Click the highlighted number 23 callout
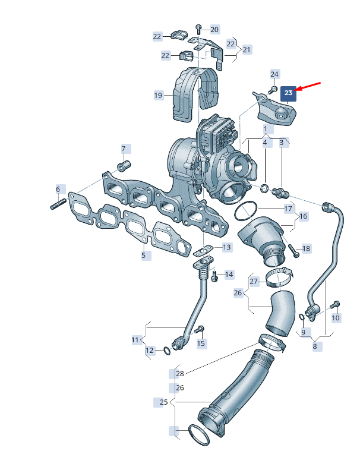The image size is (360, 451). tap(288, 93)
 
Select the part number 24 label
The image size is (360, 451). tap(274, 74)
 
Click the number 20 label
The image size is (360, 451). tap(214, 30)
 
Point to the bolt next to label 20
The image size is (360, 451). tap(198, 29)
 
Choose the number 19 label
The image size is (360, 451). tap(159, 95)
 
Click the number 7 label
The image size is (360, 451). tap(124, 149)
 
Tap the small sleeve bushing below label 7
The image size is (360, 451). tap(124, 166)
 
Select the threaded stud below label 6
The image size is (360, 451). tap(59, 204)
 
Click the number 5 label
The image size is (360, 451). tap(144, 255)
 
